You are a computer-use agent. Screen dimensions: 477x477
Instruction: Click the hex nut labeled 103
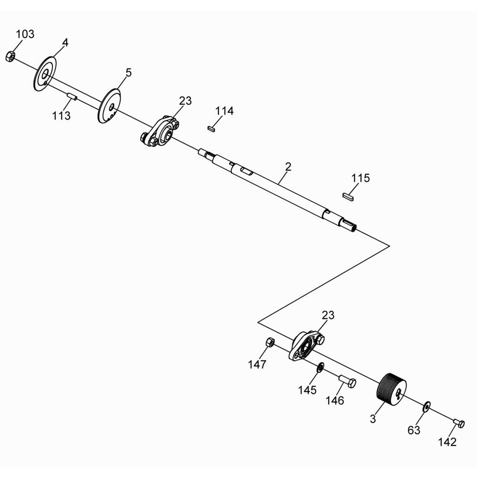click(x=10, y=56)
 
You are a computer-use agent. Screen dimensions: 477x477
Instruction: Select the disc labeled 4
click(x=44, y=74)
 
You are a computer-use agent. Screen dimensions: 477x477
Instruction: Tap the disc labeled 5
click(x=109, y=105)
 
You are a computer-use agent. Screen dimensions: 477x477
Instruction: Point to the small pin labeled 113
click(x=72, y=97)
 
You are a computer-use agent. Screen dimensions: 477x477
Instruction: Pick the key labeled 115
click(x=349, y=195)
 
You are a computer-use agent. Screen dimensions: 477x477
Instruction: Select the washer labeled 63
click(x=426, y=406)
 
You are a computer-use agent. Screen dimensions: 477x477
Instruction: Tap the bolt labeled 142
click(x=458, y=423)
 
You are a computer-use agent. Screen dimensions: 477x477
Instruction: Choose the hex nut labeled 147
click(x=269, y=342)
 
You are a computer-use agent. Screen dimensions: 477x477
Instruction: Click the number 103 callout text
click(x=25, y=34)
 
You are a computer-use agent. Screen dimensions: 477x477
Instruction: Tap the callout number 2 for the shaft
click(x=288, y=166)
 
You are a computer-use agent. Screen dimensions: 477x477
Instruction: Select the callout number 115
click(x=361, y=178)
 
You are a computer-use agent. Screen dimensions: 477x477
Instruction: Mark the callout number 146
click(x=334, y=401)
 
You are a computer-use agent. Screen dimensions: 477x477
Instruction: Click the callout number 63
click(x=414, y=430)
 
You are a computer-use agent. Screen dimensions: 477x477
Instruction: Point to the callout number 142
click(x=447, y=442)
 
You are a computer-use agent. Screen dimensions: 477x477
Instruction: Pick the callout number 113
click(x=62, y=115)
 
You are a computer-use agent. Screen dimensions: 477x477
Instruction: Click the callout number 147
click(x=257, y=365)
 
